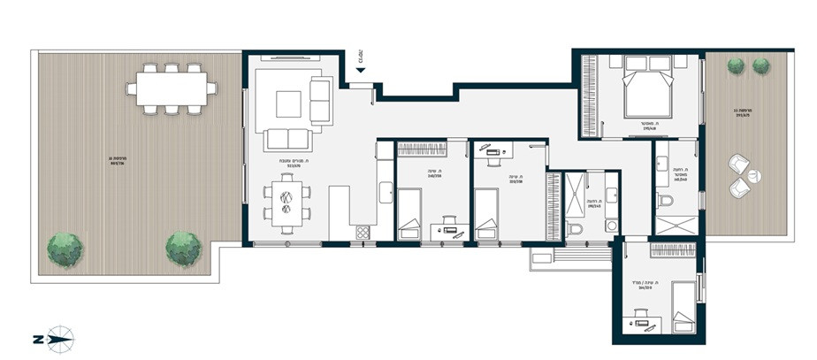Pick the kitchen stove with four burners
[x=363, y=233]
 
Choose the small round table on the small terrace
[x=752, y=176]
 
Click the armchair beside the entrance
[x=320, y=99]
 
